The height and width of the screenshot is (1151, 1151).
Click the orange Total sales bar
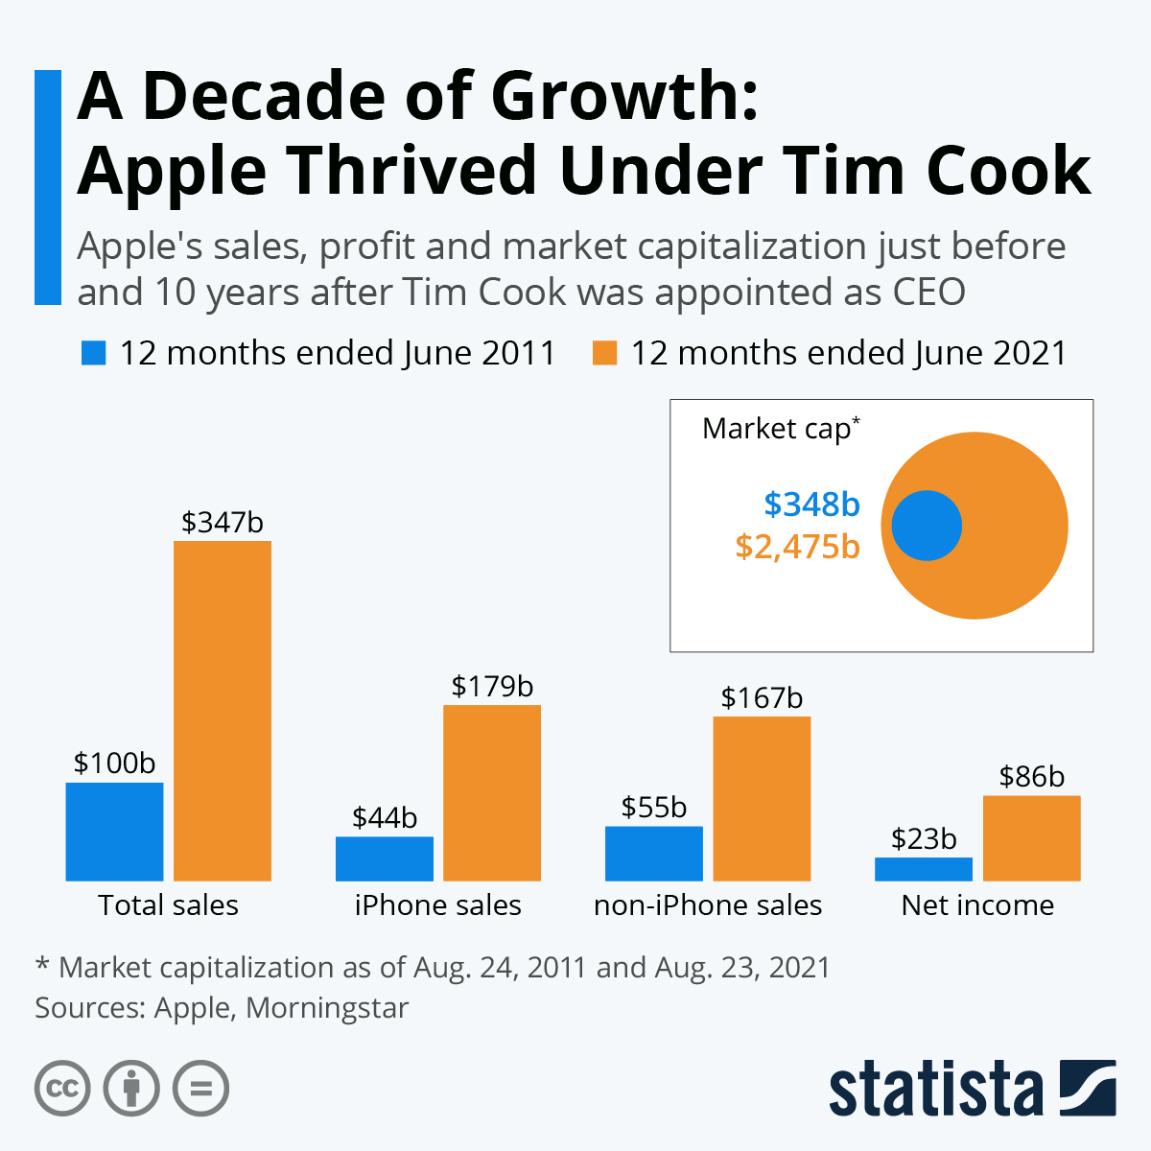[223, 710]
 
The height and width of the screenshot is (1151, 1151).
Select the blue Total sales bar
[114, 831]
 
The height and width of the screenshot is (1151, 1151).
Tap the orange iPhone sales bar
[492, 792]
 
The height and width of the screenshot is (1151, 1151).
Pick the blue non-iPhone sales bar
[653, 853]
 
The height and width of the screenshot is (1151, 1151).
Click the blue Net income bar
[923, 869]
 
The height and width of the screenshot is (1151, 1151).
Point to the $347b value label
[223, 522]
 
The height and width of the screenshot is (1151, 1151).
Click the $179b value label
[492, 686]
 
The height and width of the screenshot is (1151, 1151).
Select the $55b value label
[653, 807]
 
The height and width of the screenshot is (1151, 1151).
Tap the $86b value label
[1031, 776]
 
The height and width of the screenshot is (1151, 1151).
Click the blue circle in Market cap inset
[927, 526]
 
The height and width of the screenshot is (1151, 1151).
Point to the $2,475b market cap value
[797, 546]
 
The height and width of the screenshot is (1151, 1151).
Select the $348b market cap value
[811, 504]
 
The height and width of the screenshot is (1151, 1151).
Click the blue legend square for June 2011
[93, 353]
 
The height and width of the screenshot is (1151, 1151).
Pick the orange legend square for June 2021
[604, 353]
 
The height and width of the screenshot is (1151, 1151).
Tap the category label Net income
[977, 904]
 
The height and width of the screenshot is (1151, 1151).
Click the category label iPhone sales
[437, 904]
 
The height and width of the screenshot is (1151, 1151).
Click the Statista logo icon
[1088, 1088]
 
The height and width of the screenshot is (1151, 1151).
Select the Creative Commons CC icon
[62, 1089]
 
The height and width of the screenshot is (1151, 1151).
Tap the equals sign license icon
[200, 1089]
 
